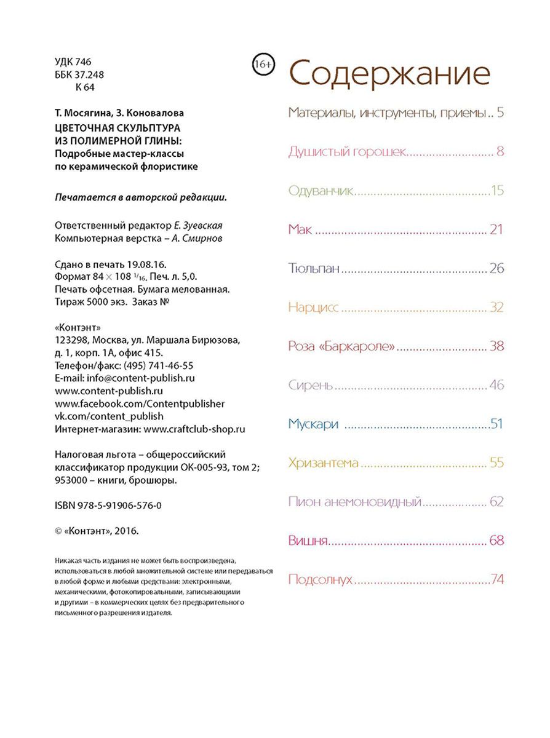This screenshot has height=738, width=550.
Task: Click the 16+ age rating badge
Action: tap(263, 63)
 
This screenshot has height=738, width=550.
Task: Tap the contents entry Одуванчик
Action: tap(319, 191)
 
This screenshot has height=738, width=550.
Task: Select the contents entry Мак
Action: tap(300, 230)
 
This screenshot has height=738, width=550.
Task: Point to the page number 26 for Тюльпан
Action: tap(497, 269)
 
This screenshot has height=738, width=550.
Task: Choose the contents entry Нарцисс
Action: tap(313, 307)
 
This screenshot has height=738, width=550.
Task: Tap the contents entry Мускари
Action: tap(314, 424)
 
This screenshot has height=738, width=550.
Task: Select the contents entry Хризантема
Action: tap(323, 462)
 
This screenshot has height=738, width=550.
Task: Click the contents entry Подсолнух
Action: tap(320, 579)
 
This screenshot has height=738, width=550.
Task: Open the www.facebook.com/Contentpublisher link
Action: tap(140, 403)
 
